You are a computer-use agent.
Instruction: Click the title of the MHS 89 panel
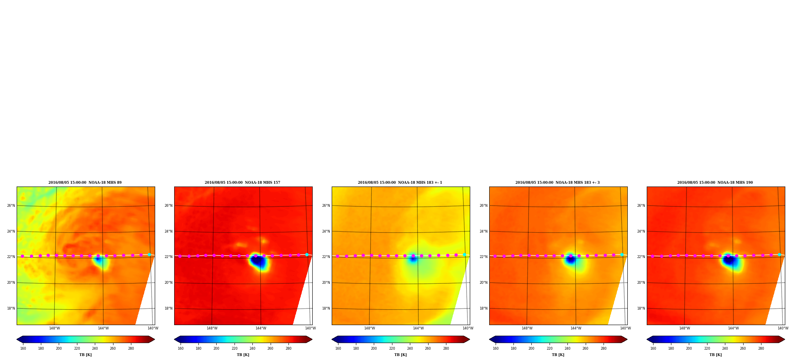[x=85, y=183]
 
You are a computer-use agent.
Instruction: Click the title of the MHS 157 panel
[x=242, y=183]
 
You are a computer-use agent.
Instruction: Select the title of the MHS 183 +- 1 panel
[x=400, y=183]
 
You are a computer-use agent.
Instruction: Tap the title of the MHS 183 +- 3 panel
[x=557, y=183]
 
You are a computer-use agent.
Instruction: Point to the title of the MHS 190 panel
[x=715, y=183]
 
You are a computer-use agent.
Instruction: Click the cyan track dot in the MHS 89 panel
[x=150, y=254]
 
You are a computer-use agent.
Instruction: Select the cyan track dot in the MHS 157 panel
[x=307, y=254]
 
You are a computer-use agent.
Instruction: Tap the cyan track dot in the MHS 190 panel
[x=779, y=254]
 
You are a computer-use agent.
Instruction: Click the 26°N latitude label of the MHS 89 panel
[x=11, y=206]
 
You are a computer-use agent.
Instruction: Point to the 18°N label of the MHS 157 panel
[x=169, y=308]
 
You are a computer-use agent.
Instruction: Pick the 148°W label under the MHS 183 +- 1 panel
[x=369, y=328]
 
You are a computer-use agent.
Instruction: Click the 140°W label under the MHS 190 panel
[x=783, y=328]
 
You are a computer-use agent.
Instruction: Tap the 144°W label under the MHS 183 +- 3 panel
[x=576, y=328]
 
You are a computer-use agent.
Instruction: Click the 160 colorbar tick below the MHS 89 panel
[x=23, y=348]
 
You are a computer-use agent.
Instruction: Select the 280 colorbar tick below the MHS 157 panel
[x=288, y=348]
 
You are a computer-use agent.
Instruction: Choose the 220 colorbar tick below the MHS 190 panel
[x=707, y=348]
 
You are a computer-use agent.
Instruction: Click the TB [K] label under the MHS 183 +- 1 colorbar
[x=400, y=355]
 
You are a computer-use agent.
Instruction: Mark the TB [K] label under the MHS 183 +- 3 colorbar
[x=558, y=355]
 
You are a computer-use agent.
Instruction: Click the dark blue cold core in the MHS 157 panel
[x=258, y=262]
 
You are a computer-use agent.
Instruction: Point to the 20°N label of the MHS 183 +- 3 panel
[x=484, y=283]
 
